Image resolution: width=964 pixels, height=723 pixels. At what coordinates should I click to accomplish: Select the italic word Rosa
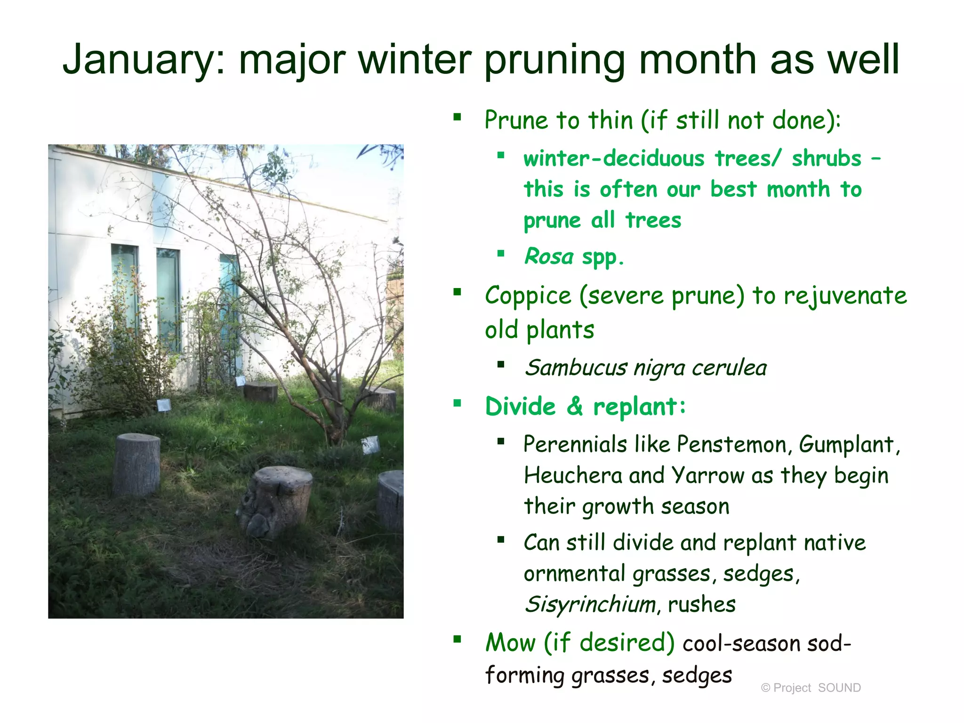548,257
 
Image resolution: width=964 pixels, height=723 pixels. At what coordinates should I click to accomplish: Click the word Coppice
528,296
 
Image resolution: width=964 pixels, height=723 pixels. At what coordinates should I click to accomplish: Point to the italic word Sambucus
576,368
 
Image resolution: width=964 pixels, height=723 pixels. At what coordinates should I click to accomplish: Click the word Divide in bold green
520,406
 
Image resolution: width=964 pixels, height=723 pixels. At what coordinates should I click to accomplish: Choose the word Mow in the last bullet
510,643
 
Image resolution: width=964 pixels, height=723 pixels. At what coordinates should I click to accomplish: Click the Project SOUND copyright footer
811,688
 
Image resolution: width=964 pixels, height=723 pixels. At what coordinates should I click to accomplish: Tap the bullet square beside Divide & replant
457,403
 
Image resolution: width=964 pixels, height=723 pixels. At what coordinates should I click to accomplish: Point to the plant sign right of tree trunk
370,445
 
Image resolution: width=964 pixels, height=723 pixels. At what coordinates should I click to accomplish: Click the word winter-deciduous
614,159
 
